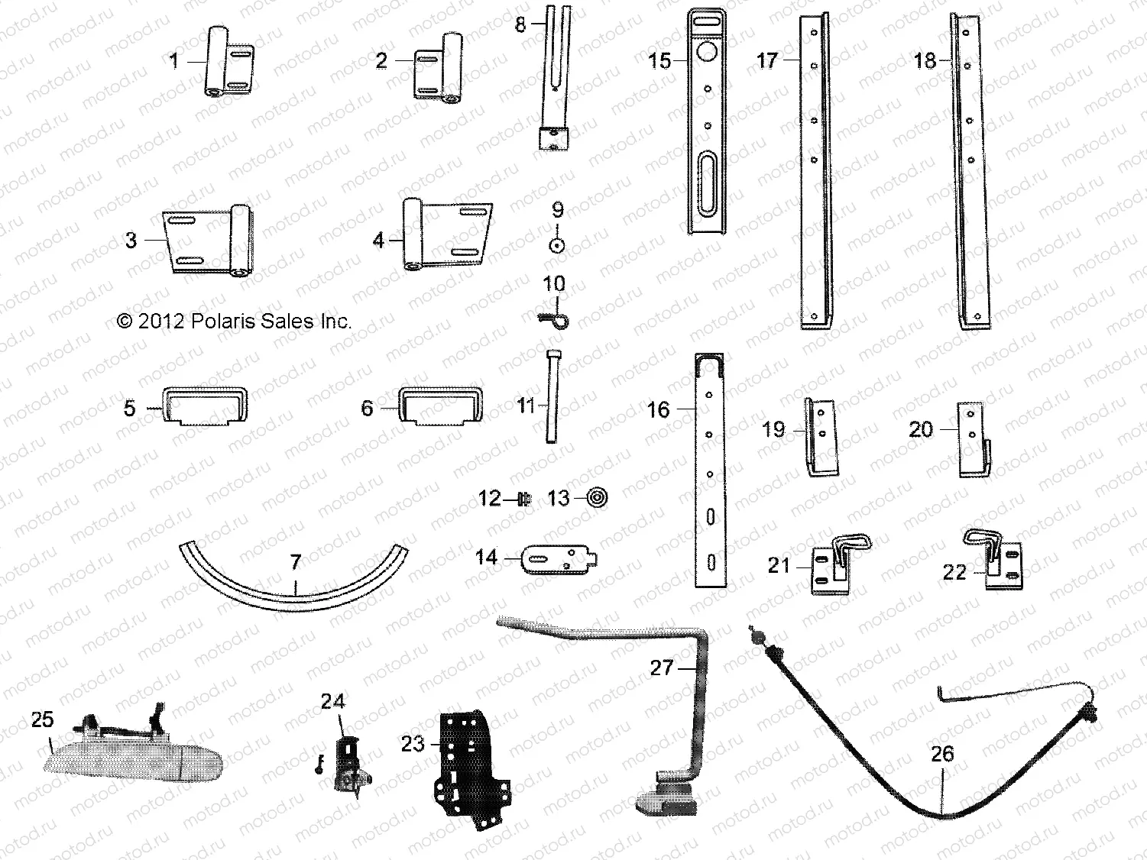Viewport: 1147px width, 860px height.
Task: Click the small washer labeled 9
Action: (x=558, y=244)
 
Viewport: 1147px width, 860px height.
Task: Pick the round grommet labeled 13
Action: (x=597, y=499)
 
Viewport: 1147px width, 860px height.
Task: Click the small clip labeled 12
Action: (x=523, y=500)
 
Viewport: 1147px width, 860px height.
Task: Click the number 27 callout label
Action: (x=661, y=668)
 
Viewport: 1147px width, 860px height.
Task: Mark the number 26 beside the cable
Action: (x=942, y=755)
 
